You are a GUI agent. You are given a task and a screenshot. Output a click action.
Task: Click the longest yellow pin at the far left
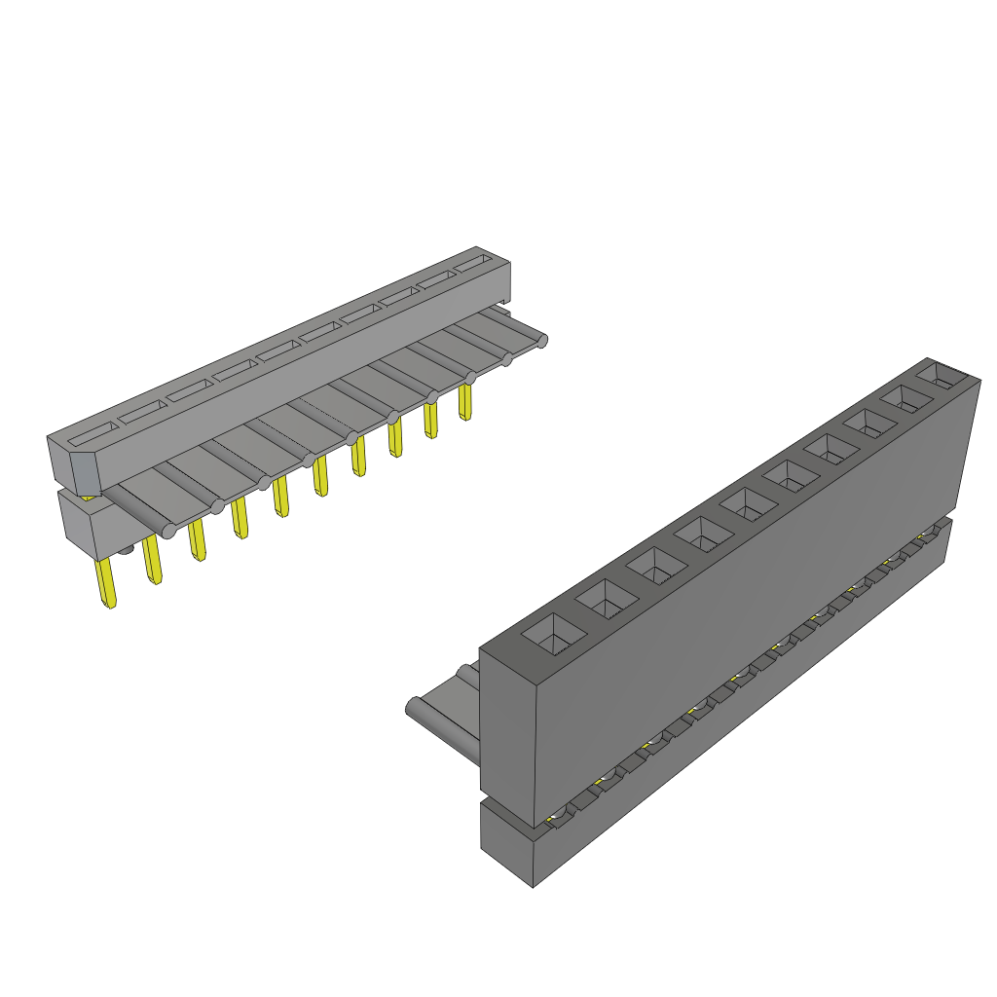(106, 585)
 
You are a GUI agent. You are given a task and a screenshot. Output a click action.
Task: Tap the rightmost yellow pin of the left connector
(464, 401)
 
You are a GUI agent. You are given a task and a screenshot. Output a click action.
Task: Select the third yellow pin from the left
(197, 540)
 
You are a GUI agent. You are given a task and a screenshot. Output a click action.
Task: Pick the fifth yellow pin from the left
(280, 497)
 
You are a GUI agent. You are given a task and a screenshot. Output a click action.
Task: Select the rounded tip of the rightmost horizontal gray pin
(542, 339)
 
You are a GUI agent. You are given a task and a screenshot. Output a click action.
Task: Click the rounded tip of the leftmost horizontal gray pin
(167, 531)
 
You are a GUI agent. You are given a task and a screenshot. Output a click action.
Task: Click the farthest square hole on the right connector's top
(943, 375)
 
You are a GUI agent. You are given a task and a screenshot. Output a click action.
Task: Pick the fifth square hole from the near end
(745, 505)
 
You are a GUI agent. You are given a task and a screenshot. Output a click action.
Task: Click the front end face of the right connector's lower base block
(506, 843)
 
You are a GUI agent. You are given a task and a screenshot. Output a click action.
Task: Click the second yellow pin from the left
(152, 561)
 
